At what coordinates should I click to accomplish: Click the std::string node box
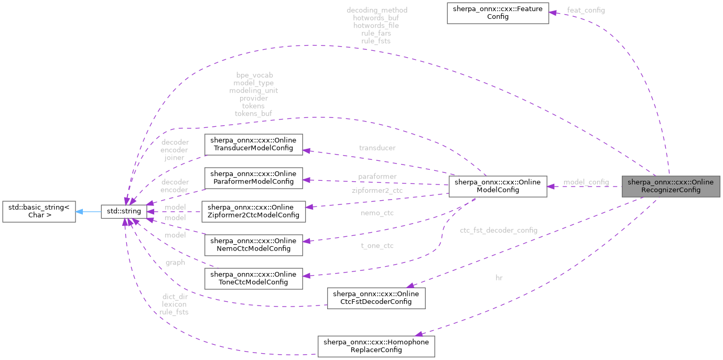123,212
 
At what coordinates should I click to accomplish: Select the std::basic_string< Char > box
39,212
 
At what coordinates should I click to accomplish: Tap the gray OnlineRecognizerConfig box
671,186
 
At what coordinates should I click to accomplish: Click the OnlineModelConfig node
497,186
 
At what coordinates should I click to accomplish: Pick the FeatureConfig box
498,13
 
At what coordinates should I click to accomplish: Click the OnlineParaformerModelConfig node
253,178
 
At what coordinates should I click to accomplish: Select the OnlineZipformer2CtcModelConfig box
253,212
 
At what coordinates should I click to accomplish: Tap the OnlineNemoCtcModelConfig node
253,245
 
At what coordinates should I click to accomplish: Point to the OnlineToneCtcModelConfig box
253,278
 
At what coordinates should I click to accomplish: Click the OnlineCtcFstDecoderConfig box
376,298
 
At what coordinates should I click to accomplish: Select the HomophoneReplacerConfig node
376,346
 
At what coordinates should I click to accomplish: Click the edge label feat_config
586,10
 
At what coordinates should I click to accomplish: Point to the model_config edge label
586,182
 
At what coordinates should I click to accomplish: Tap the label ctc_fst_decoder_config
498,230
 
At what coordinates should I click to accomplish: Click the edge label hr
499,278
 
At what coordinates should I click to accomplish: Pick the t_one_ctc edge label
377,246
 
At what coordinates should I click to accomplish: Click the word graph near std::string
175,263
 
